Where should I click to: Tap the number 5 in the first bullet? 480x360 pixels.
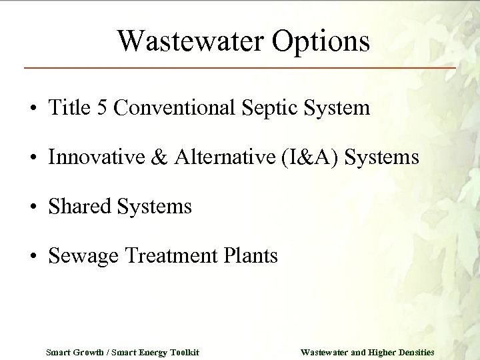[x=102, y=108]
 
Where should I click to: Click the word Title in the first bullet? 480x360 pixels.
[x=69, y=108]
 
